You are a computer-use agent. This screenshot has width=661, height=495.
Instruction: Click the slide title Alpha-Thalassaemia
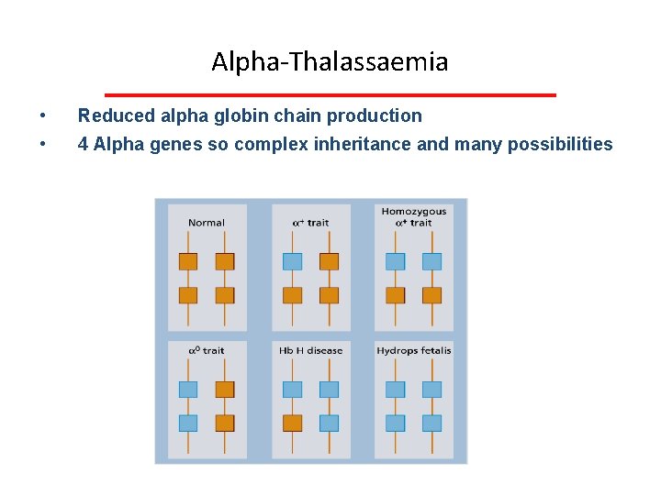pyautogui.click(x=330, y=61)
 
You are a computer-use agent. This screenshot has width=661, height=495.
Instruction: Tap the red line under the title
pyautogui.click(x=330, y=94)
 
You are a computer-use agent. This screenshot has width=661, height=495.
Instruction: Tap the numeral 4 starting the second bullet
pyautogui.click(x=83, y=145)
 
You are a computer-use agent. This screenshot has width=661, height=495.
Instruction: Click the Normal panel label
pyautogui.click(x=207, y=223)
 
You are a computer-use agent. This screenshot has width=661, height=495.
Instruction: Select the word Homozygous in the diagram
pyautogui.click(x=414, y=212)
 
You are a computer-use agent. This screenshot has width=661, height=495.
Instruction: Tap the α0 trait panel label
pyautogui.click(x=207, y=350)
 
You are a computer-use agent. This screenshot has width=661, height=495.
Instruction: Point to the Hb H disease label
pyautogui.click(x=310, y=350)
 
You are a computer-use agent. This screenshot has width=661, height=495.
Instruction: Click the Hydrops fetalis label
pyautogui.click(x=414, y=350)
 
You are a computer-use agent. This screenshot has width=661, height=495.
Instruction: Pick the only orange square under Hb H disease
pyautogui.click(x=292, y=423)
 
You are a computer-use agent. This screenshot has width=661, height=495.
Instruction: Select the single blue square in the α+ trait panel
pyautogui.click(x=292, y=261)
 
